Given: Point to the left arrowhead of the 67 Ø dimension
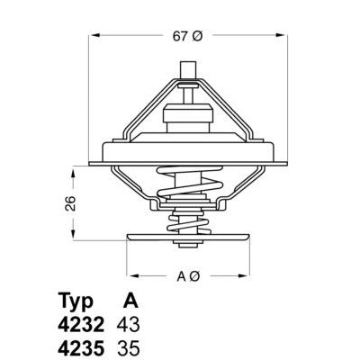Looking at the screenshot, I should [95, 36].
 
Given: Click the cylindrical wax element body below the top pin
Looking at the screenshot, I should [189, 116].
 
